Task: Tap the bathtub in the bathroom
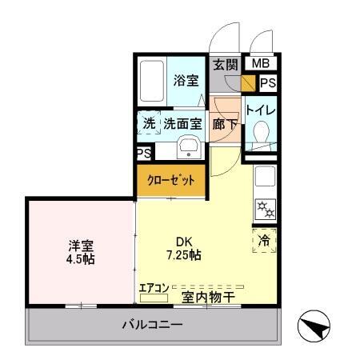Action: (x=151, y=82)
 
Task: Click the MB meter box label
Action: (x=261, y=64)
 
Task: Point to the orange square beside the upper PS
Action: (x=249, y=82)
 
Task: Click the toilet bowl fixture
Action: (x=260, y=133)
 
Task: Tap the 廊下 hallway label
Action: (x=223, y=124)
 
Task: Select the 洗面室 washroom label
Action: (x=182, y=124)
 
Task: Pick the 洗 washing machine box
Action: (x=149, y=124)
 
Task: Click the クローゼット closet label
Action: (x=170, y=181)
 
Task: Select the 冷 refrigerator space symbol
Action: (x=265, y=239)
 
